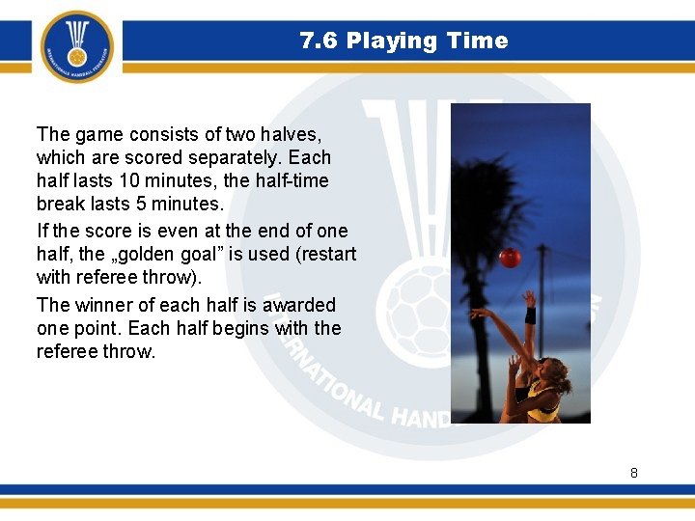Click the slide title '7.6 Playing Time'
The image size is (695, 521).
(x=403, y=41)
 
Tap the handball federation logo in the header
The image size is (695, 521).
(x=77, y=46)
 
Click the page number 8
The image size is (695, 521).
(x=633, y=473)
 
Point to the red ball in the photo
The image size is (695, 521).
(x=510, y=258)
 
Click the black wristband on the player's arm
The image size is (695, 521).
(x=529, y=315)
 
